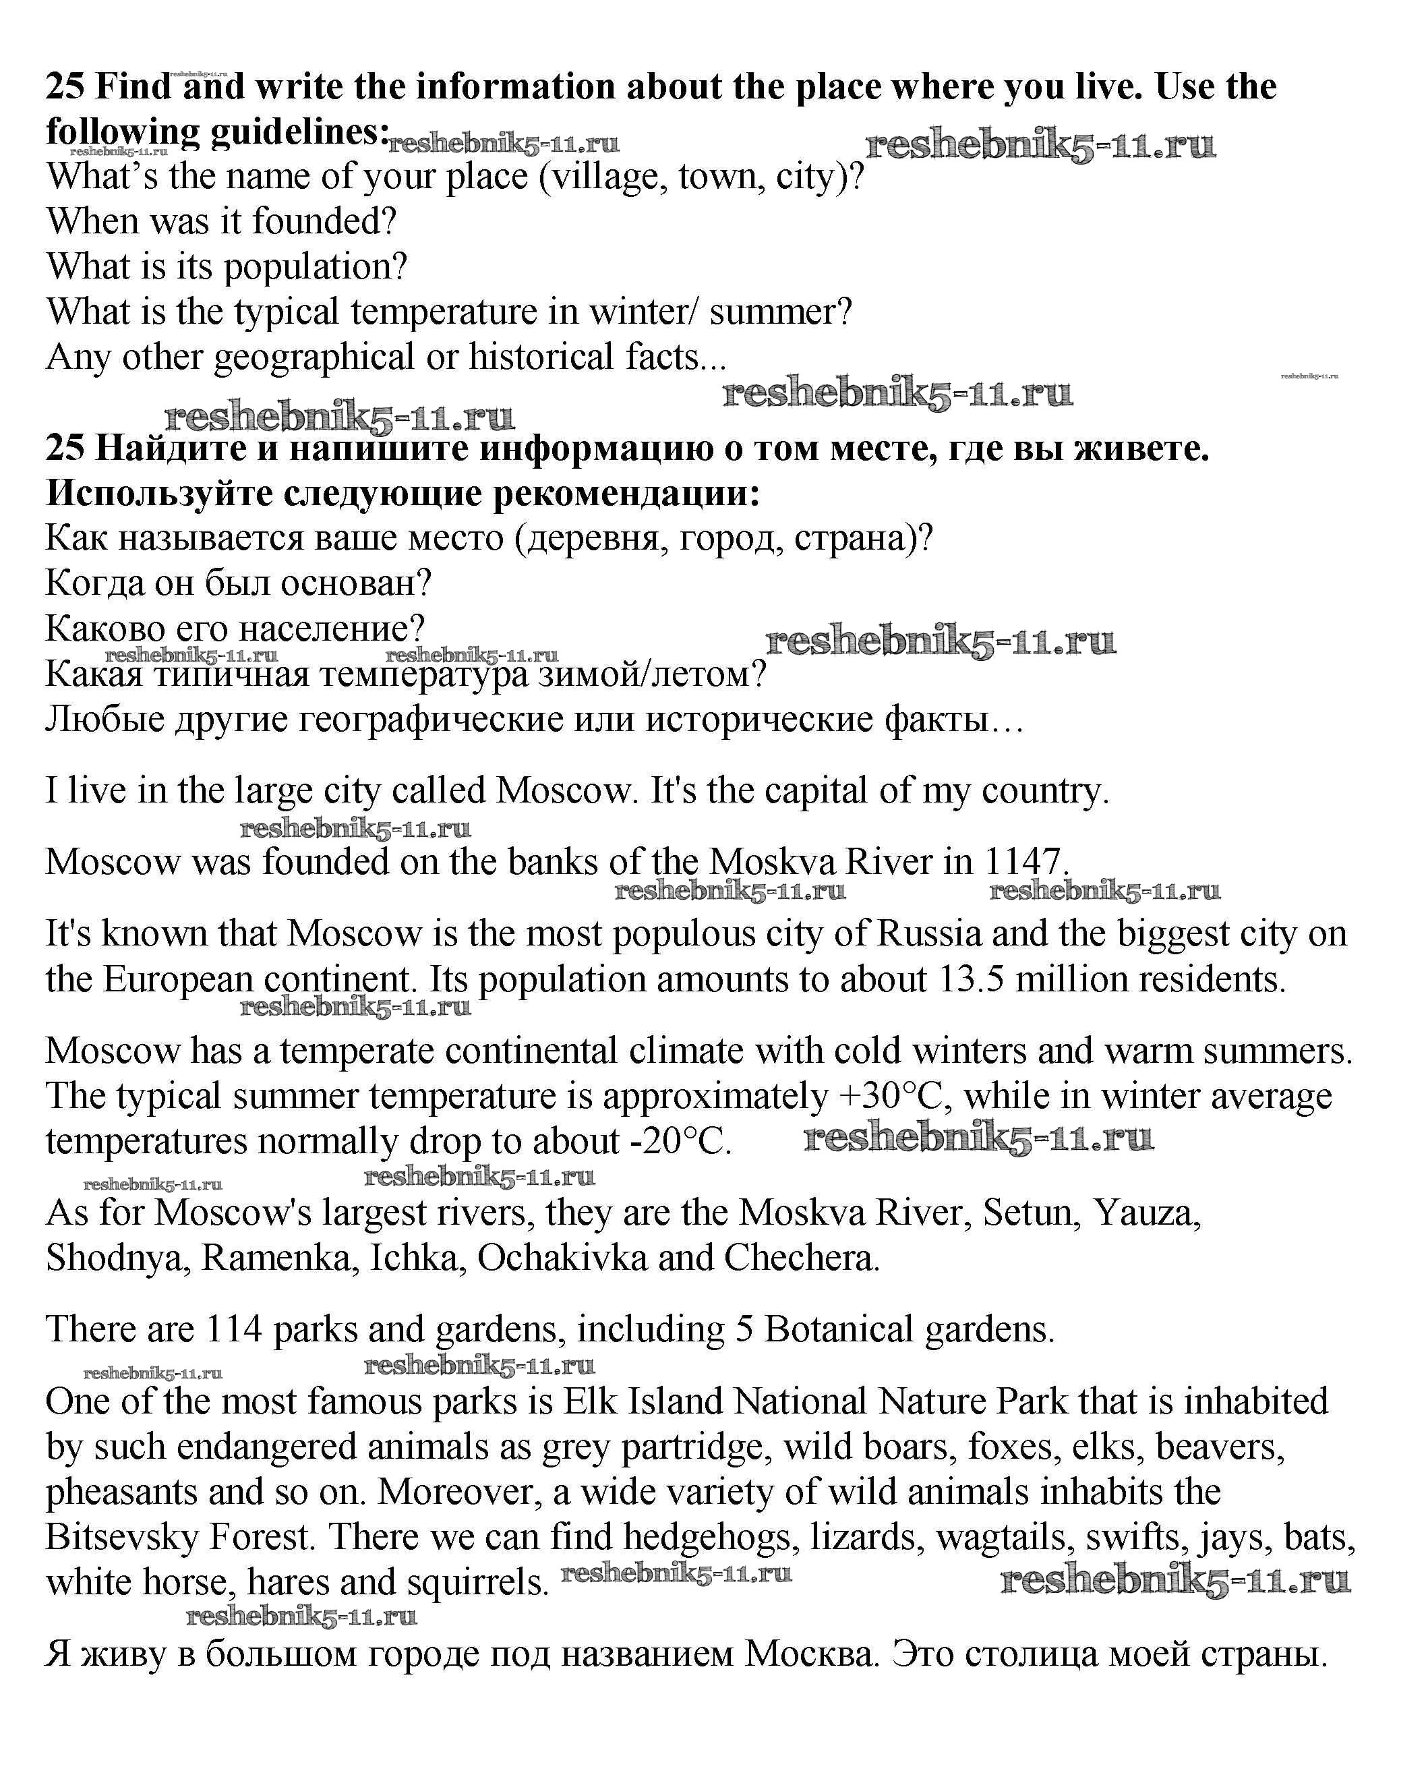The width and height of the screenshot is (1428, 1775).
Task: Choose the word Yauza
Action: point(1147,1213)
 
